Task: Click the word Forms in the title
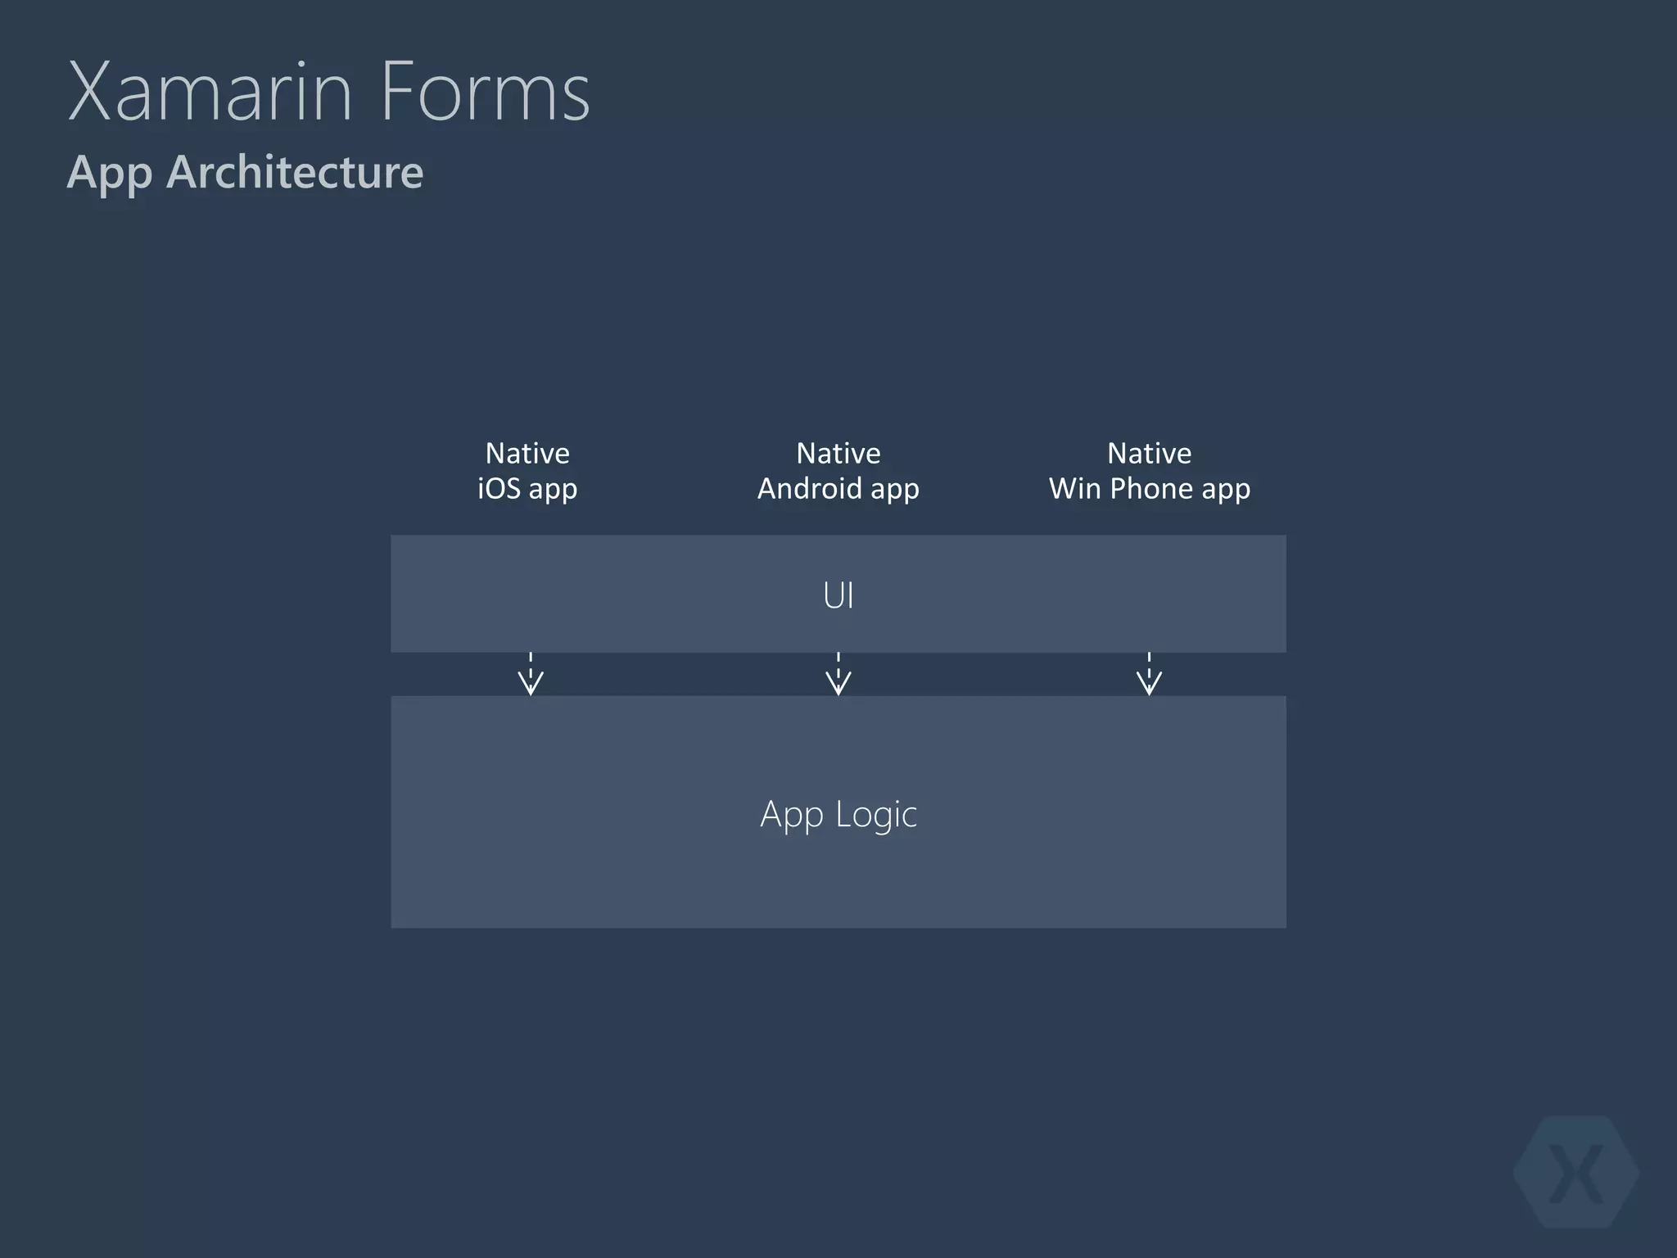[x=485, y=92]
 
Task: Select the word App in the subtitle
[x=109, y=173]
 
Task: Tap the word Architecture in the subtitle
[x=295, y=172]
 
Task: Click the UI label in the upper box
[x=838, y=595]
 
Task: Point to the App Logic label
[x=838, y=814]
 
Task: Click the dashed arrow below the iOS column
[x=531, y=674]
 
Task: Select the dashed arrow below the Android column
[x=838, y=674]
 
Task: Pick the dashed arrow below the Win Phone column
[x=1149, y=674]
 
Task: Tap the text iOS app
[x=527, y=489]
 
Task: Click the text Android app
[x=838, y=489]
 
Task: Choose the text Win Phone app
[x=1150, y=489]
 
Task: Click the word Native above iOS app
[x=527, y=453]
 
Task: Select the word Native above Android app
[x=838, y=453]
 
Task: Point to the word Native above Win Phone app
[x=1150, y=453]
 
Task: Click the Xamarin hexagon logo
[x=1576, y=1172]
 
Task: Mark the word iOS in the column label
[x=499, y=488]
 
